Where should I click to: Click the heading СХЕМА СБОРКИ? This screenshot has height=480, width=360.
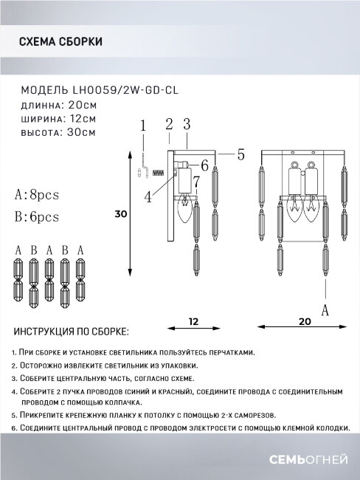coord(60,42)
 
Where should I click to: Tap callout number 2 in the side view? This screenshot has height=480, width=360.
coord(169,124)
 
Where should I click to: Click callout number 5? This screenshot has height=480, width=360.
coord(240,155)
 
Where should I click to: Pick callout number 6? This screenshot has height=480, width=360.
coord(204,165)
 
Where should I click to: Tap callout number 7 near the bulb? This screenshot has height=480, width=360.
coord(197,182)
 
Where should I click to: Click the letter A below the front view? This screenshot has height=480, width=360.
coord(324,312)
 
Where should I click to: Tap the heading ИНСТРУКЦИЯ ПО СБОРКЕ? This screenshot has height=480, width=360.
coord(70,332)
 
